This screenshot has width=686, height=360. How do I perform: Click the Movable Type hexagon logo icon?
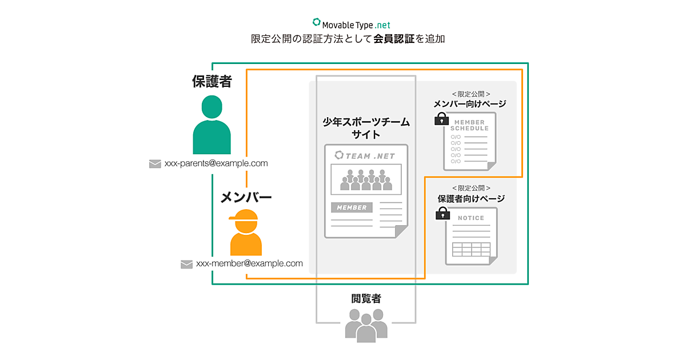[x=317, y=23]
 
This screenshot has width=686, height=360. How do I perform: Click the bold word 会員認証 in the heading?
[x=394, y=39]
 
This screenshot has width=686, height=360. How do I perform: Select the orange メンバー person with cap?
[x=245, y=232]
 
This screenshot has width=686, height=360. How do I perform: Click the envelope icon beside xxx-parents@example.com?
[x=155, y=164]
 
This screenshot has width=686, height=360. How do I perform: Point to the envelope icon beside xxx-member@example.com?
[x=186, y=264]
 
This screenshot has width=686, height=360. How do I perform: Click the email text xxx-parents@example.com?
[x=216, y=163]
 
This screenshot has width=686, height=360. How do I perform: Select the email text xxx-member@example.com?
[x=249, y=263]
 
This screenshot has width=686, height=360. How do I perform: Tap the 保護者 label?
[x=212, y=81]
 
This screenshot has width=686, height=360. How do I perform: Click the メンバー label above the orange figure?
[x=246, y=198]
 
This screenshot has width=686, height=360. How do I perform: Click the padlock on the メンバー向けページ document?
[x=441, y=119]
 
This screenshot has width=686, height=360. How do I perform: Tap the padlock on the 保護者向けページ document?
[x=442, y=214]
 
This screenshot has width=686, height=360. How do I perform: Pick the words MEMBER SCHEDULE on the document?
[x=470, y=125]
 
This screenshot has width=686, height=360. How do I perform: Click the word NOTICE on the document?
[x=471, y=218]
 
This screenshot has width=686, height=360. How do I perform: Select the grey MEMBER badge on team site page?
[x=352, y=207]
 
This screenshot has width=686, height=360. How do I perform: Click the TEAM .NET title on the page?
[x=365, y=155]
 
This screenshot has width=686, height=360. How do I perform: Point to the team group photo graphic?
[x=366, y=179]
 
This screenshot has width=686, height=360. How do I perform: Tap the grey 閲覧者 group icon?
[x=366, y=325]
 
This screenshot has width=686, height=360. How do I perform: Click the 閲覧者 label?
[x=366, y=298]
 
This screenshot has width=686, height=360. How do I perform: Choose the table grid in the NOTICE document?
[x=471, y=250]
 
